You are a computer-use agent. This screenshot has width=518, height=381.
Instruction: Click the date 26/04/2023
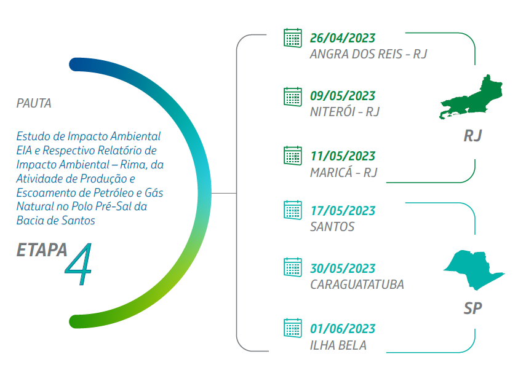pyautogui.click(x=343, y=38)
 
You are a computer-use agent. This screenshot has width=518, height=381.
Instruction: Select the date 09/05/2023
pyautogui.click(x=343, y=96)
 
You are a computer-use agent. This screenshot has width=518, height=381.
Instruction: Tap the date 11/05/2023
pyautogui.click(x=343, y=156)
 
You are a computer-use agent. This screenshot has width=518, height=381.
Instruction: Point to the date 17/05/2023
pyautogui.click(x=343, y=211)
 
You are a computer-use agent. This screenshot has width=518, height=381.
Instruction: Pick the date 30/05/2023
pyautogui.click(x=343, y=269)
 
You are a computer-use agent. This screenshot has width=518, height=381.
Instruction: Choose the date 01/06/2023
pyautogui.click(x=343, y=329)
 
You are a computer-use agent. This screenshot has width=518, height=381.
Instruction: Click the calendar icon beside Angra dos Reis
pyautogui.click(x=293, y=38)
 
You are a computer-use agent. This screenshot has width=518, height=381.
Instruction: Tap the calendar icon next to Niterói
pyautogui.click(x=293, y=96)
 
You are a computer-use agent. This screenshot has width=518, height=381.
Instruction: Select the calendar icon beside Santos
pyautogui.click(x=293, y=210)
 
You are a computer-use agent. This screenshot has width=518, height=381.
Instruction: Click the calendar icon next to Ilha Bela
pyautogui.click(x=293, y=328)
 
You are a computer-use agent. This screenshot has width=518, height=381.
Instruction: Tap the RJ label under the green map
pyautogui.click(x=472, y=136)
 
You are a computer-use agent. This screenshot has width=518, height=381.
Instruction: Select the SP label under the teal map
pyautogui.click(x=472, y=308)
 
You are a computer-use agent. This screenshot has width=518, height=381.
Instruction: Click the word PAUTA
pyautogui.click(x=34, y=103)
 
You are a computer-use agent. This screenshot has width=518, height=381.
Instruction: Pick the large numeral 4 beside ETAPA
pyautogui.click(x=79, y=264)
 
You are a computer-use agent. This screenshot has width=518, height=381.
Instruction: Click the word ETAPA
pyautogui.click(x=42, y=249)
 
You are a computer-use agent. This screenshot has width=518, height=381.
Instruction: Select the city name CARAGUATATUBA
pyautogui.click(x=357, y=285)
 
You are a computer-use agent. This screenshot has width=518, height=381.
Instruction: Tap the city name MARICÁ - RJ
pyautogui.click(x=343, y=172)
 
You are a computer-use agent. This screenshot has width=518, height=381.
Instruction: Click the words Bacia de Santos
pyautogui.click(x=56, y=221)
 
